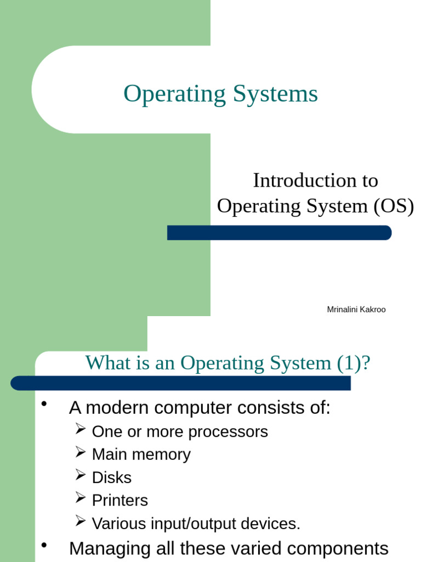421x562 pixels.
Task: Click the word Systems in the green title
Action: (275, 94)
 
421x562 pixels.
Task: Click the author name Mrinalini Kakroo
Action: (356, 310)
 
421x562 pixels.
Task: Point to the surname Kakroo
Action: (372, 310)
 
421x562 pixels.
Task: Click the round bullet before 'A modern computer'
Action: (45, 405)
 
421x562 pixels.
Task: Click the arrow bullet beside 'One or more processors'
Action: (81, 429)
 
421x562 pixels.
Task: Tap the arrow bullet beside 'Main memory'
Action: (81, 452)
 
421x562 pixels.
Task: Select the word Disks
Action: (112, 477)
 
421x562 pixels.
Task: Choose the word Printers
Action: (120, 501)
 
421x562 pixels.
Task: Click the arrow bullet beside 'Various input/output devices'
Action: (81, 521)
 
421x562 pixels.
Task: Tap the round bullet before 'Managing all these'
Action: (45, 546)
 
